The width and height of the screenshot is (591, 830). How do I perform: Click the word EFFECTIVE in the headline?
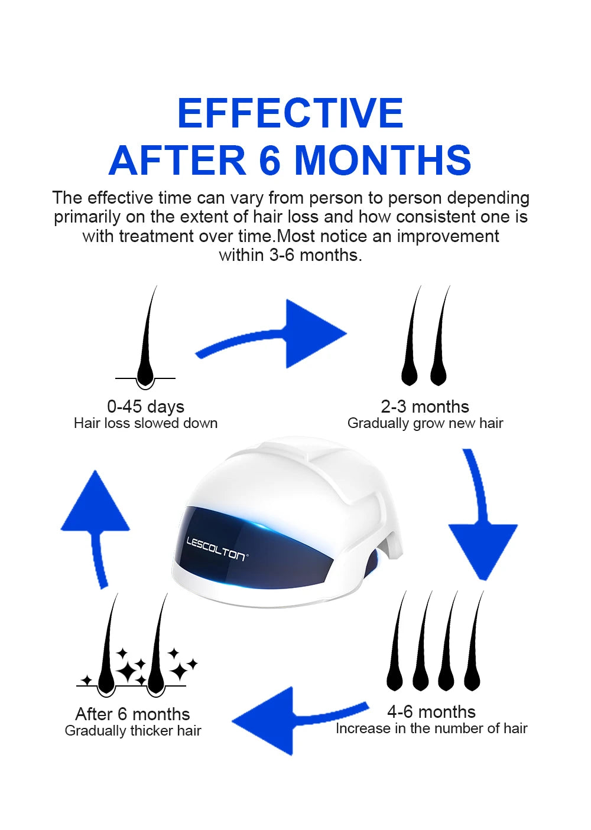tap(290, 113)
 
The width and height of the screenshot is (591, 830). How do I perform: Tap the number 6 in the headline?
tap(269, 160)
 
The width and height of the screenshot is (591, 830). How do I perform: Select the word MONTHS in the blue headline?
tap(383, 160)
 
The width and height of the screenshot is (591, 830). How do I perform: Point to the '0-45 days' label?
tap(145, 407)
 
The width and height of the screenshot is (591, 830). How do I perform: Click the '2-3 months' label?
tap(425, 407)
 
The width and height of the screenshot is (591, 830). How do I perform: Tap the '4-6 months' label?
tap(431, 712)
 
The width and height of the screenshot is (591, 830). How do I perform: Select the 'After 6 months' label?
tap(132, 714)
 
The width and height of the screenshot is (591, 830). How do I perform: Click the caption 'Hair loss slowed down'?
tap(145, 423)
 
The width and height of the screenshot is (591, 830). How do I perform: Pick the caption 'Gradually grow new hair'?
tap(425, 423)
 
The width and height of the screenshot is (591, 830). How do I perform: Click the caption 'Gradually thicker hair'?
tap(133, 731)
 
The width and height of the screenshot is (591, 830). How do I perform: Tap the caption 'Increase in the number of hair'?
tap(431, 728)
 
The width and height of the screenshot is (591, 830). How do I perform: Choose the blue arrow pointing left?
tap(290, 719)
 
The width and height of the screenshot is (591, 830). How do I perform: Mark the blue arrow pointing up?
tap(96, 519)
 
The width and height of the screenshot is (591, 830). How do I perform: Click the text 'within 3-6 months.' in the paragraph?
tap(290, 255)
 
